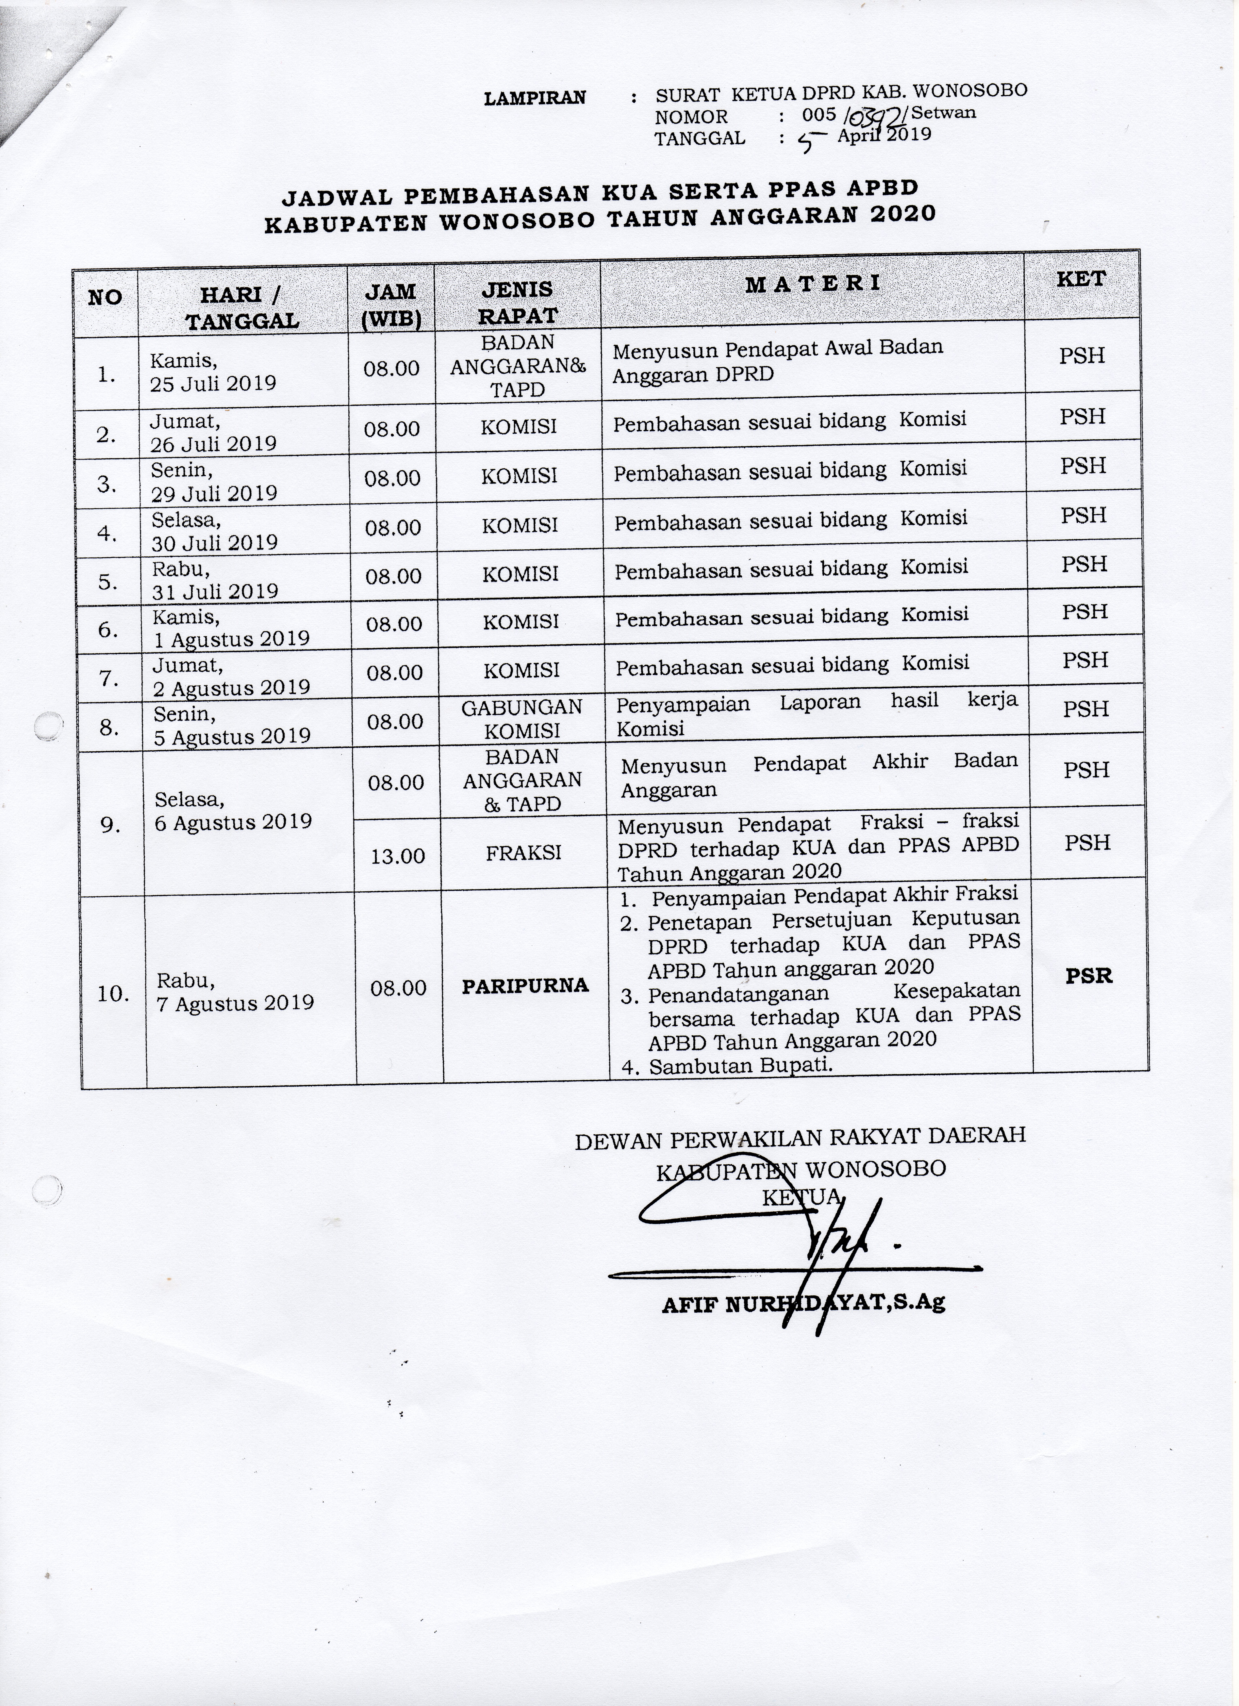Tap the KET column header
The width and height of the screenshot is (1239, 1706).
pos(1081,279)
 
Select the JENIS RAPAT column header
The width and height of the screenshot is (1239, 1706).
pos(517,302)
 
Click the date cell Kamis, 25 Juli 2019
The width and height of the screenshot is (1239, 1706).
pos(213,372)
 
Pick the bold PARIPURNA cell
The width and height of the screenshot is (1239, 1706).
pos(525,985)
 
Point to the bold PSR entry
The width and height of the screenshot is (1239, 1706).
pos(1089,976)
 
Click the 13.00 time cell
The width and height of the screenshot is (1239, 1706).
pos(398,855)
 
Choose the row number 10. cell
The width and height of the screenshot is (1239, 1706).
pos(114,994)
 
